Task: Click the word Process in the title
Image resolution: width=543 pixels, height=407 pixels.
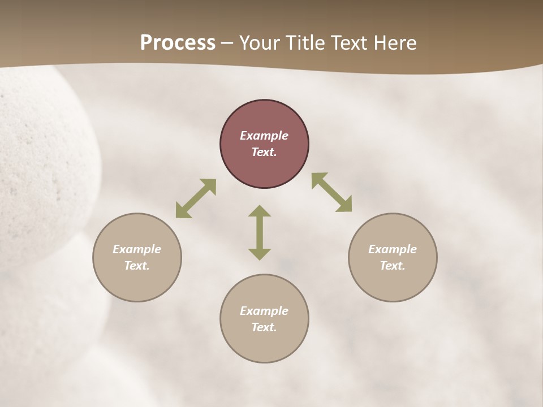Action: pyautogui.click(x=178, y=43)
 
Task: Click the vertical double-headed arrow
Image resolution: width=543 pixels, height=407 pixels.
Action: pyautogui.click(x=260, y=232)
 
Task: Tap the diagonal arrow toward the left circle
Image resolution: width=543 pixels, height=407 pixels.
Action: pyautogui.click(x=196, y=198)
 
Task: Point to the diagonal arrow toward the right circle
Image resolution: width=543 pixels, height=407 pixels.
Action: pyautogui.click(x=331, y=192)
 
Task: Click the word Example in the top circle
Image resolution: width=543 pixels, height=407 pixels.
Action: pyautogui.click(x=264, y=136)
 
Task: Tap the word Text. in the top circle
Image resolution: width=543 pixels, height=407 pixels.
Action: pyautogui.click(x=264, y=152)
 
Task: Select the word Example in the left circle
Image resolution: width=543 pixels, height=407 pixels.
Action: pyautogui.click(x=137, y=249)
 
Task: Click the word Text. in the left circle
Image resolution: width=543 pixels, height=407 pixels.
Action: pyautogui.click(x=137, y=266)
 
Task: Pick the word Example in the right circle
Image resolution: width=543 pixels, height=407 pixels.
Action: pyautogui.click(x=393, y=249)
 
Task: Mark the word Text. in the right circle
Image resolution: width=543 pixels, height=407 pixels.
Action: pyautogui.click(x=393, y=266)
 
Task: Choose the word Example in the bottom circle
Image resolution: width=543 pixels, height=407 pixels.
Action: pyautogui.click(x=264, y=311)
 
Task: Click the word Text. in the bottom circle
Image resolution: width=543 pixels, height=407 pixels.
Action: pyautogui.click(x=264, y=327)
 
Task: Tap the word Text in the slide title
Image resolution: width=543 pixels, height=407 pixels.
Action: pyautogui.click(x=352, y=43)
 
